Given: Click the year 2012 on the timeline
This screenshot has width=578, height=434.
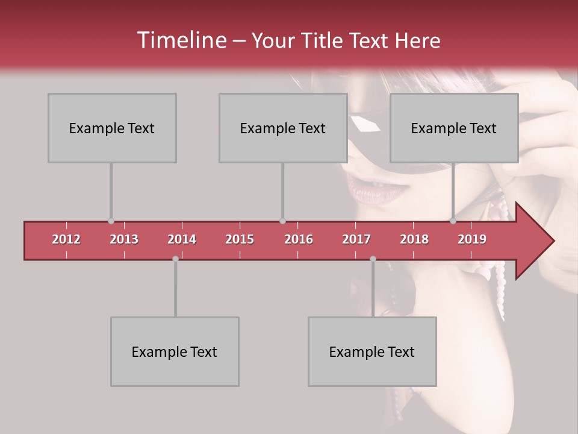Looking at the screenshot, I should (x=66, y=239).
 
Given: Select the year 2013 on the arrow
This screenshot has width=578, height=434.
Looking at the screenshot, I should (x=124, y=239).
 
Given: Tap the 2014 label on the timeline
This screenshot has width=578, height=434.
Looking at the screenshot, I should (x=182, y=239).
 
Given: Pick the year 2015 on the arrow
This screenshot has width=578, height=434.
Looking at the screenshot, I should (x=240, y=239).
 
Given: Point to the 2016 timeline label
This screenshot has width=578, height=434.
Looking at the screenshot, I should (x=299, y=239).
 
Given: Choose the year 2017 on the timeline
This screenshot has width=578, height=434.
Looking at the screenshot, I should (x=356, y=239).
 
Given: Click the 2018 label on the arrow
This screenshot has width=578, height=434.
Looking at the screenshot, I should (x=414, y=239).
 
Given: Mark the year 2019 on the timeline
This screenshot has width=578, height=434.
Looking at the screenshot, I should (x=472, y=239).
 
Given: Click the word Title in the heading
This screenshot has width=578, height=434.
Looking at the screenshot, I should (x=326, y=41).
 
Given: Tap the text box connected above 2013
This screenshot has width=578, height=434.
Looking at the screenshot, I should (x=112, y=128).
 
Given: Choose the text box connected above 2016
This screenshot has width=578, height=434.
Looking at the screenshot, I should (x=283, y=128).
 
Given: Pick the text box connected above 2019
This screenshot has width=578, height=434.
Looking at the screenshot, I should (x=454, y=128).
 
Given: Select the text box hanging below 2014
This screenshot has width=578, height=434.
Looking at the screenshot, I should (x=175, y=351).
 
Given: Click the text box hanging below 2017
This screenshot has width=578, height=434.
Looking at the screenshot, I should (x=372, y=351).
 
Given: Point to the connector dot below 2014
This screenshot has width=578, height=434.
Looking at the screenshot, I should (x=175, y=259).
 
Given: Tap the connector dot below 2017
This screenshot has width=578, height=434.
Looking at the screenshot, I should (x=373, y=259).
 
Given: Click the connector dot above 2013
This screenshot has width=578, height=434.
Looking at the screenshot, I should (x=111, y=221).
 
